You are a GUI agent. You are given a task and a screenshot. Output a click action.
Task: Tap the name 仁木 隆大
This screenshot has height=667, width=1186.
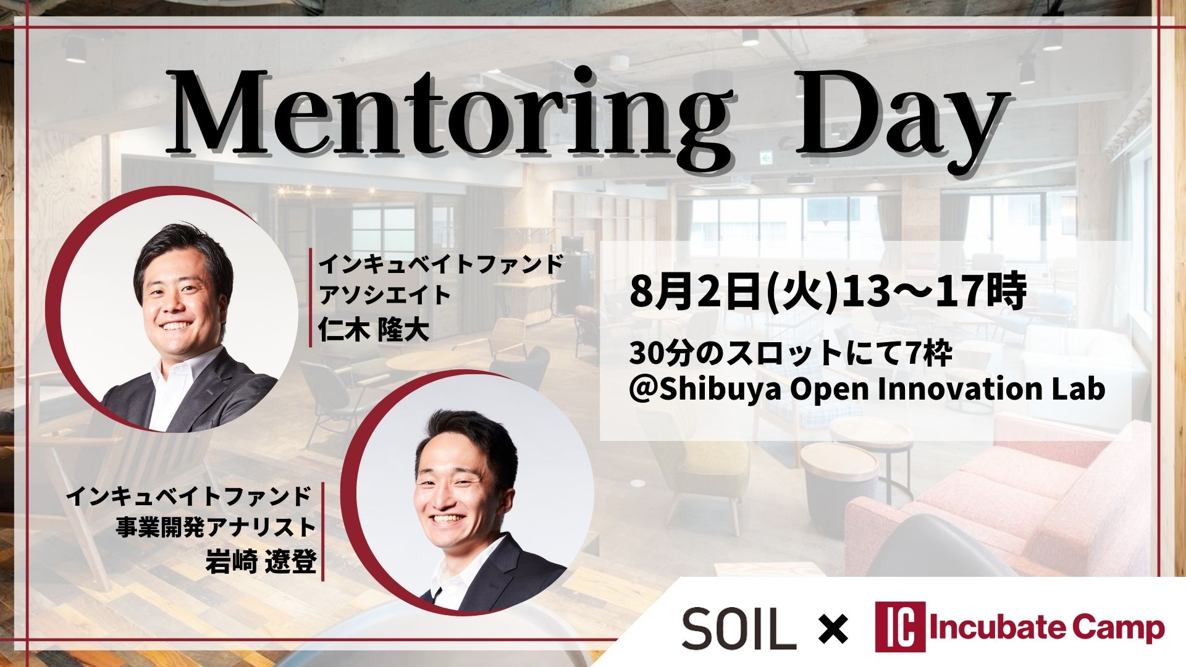point(372,331)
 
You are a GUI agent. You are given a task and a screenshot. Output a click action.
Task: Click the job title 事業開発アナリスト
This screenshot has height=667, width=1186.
point(216,528)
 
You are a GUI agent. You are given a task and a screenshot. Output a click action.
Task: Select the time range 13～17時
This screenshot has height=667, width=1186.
point(933,292)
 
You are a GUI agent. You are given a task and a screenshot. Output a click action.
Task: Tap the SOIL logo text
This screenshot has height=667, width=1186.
point(739,629)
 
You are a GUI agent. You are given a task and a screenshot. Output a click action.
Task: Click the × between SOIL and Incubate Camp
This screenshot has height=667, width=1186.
point(835,630)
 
